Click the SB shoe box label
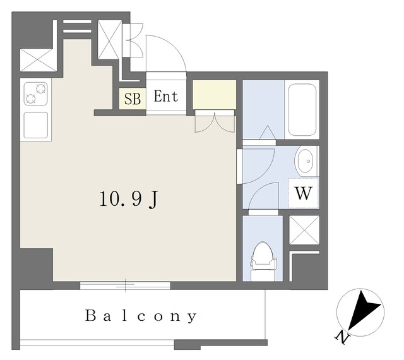pos(133,99)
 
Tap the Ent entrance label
pos(166,97)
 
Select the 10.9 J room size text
pos(129,200)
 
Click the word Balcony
pos(141,316)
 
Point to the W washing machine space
pos(304,193)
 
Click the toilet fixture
pos(263,261)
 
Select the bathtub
pos(302,110)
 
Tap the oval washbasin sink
pos(306,161)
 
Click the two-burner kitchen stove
pos(36,93)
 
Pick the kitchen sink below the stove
pos(36,125)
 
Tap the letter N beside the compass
pos(342,337)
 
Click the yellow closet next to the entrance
pos(215,95)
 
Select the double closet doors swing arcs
pos(215,124)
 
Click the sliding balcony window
pos(125,285)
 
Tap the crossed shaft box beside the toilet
pos(304,230)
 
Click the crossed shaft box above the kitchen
pos(38,60)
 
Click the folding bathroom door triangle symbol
pos(268,132)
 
